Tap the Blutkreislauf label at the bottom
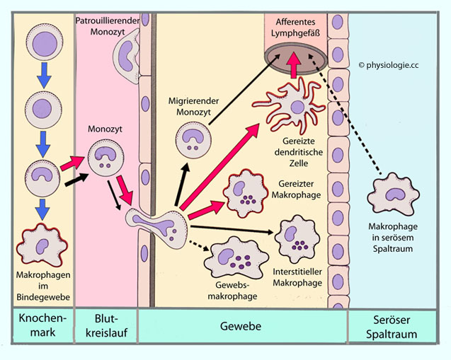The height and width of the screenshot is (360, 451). tap(105, 326)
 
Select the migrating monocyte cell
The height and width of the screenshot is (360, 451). tap(191, 139)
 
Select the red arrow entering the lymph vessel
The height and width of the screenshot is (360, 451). tap(293, 68)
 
